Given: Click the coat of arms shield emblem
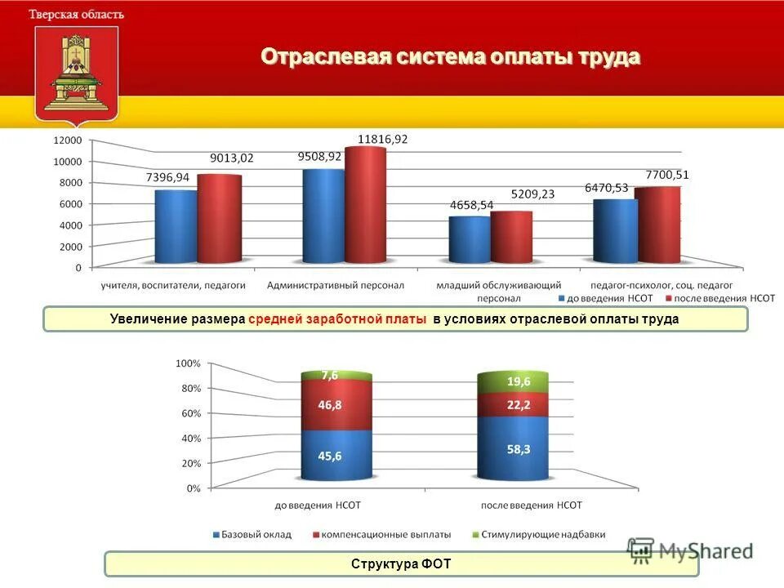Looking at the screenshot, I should [76, 73].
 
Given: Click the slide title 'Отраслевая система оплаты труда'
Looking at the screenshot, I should [450, 57].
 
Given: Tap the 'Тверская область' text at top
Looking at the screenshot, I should [77, 14].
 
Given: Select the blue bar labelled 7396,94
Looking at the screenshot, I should [176, 226].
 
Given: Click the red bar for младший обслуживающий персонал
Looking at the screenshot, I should [511, 237].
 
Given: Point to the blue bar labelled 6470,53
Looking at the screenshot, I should [615, 230].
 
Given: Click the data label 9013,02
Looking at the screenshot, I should [232, 158].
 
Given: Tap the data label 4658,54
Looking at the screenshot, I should [471, 205].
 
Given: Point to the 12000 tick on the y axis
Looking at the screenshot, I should [68, 140].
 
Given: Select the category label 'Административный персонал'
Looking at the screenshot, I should [336, 286].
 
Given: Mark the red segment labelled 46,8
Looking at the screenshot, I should [336, 406].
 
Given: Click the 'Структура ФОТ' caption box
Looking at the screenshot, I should [401, 564].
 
